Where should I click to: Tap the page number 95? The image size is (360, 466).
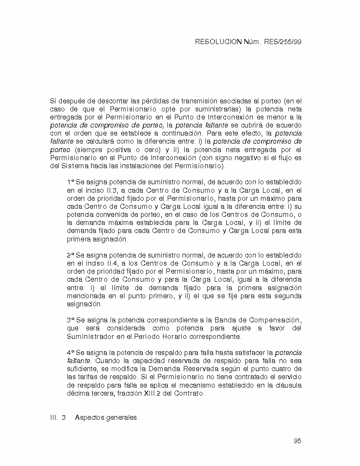pyautogui.click(x=297, y=441)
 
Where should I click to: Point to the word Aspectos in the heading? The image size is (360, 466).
pyautogui.click(x=89, y=418)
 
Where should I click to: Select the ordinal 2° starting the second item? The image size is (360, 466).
pyautogui.click(x=70, y=256)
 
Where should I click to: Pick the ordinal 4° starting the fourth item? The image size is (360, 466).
pyautogui.click(x=70, y=353)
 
